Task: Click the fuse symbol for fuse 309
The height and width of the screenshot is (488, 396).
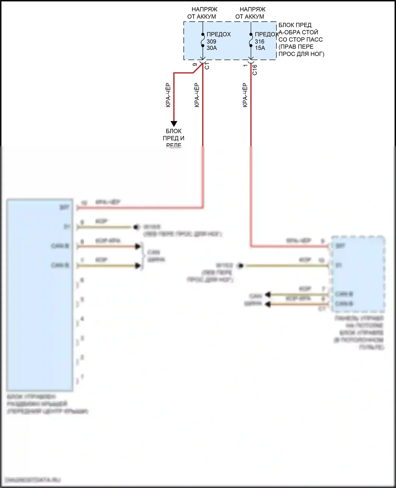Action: tap(203, 40)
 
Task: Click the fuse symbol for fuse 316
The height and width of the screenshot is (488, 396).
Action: tap(251, 40)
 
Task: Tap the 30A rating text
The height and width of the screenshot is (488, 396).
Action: tap(212, 48)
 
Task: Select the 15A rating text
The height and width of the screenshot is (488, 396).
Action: tap(260, 48)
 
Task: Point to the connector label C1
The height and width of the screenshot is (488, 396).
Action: tap(207, 66)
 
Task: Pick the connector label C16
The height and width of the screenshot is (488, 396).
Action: tap(255, 70)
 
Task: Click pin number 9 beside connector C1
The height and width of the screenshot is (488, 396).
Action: tap(195, 65)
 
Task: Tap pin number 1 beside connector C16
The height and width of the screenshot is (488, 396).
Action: tap(245, 65)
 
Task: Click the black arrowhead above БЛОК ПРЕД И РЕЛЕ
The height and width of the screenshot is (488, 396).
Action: tap(174, 123)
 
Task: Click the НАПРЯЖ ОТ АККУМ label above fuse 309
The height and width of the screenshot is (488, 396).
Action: tap(202, 13)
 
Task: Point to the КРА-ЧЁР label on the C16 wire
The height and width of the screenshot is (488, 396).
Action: tap(245, 95)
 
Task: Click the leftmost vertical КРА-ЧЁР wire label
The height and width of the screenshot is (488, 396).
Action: tap(168, 95)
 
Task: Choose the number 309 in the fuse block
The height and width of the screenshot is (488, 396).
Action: tap(211, 42)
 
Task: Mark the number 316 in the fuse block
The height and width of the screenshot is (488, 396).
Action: tap(260, 42)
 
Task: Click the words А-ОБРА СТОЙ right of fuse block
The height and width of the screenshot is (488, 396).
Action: tap(298, 32)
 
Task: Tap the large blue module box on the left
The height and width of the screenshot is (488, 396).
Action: tap(40, 295)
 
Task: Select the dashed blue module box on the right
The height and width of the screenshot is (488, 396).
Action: tap(358, 274)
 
